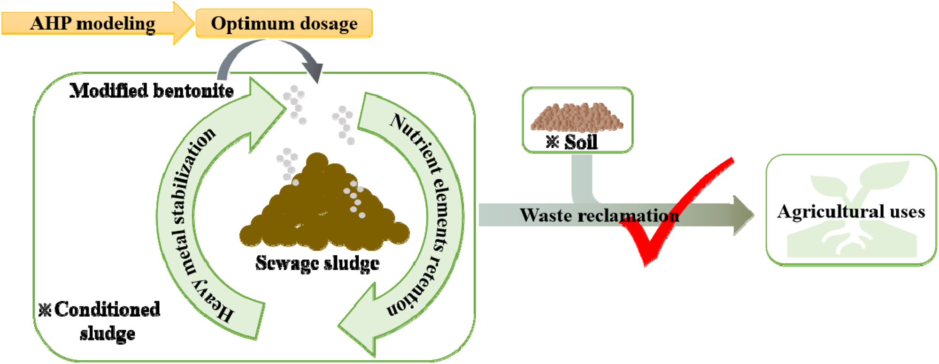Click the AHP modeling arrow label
92,23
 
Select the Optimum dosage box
284,23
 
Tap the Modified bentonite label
151,91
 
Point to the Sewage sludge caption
317,263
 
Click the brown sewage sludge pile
324,206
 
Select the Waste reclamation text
599,215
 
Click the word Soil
581,142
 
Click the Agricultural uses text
851,212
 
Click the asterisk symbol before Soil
553,142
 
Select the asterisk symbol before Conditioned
45,310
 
